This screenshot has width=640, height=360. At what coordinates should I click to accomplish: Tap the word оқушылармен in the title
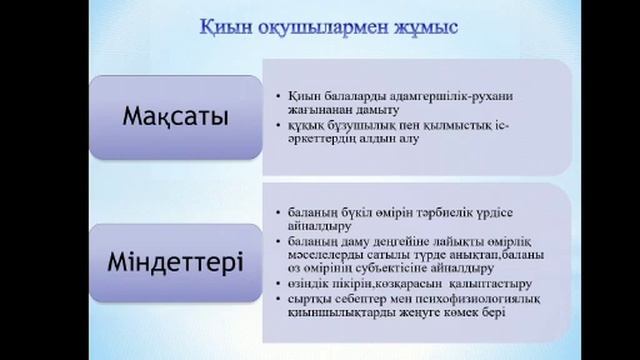pos(312,28)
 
